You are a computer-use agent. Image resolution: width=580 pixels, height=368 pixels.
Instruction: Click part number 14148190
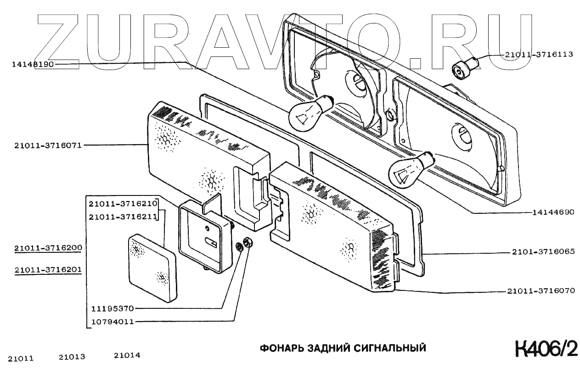(33, 65)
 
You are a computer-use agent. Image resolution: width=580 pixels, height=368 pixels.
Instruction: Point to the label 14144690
(553, 212)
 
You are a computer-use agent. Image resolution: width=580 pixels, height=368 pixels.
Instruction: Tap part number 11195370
(112, 309)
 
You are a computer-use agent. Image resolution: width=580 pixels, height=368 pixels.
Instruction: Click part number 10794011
(112, 322)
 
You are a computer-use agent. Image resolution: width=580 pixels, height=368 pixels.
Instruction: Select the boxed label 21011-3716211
(123, 216)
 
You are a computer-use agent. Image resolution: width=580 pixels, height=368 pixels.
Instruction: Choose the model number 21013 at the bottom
(73, 357)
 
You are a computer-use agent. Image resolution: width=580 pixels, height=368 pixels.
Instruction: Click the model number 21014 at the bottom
(127, 356)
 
